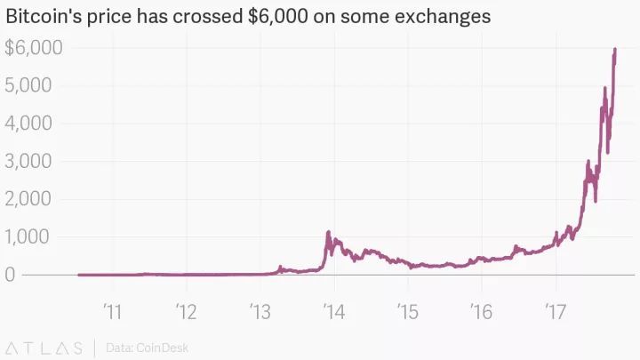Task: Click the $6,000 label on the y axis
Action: tap(34, 48)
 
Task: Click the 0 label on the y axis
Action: tap(11, 275)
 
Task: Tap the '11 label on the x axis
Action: tap(113, 311)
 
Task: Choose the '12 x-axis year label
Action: tap(187, 311)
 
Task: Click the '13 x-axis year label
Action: tap(260, 311)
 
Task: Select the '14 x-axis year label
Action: tap(334, 311)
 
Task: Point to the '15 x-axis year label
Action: tap(408, 311)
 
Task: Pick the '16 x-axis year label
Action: tap(482, 311)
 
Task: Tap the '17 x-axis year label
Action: tap(556, 311)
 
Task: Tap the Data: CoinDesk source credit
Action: tap(147, 348)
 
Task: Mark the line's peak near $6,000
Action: tap(615, 50)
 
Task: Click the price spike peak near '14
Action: tap(329, 232)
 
